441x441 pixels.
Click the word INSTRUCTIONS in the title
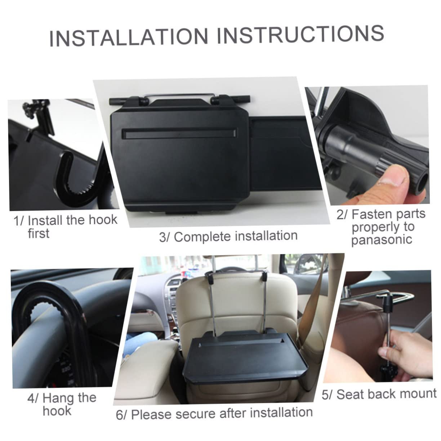point(300,34)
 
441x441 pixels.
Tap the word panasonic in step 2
point(382,240)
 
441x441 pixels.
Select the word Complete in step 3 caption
point(203,236)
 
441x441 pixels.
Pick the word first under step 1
point(39,233)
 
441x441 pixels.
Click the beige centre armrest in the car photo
point(147,375)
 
